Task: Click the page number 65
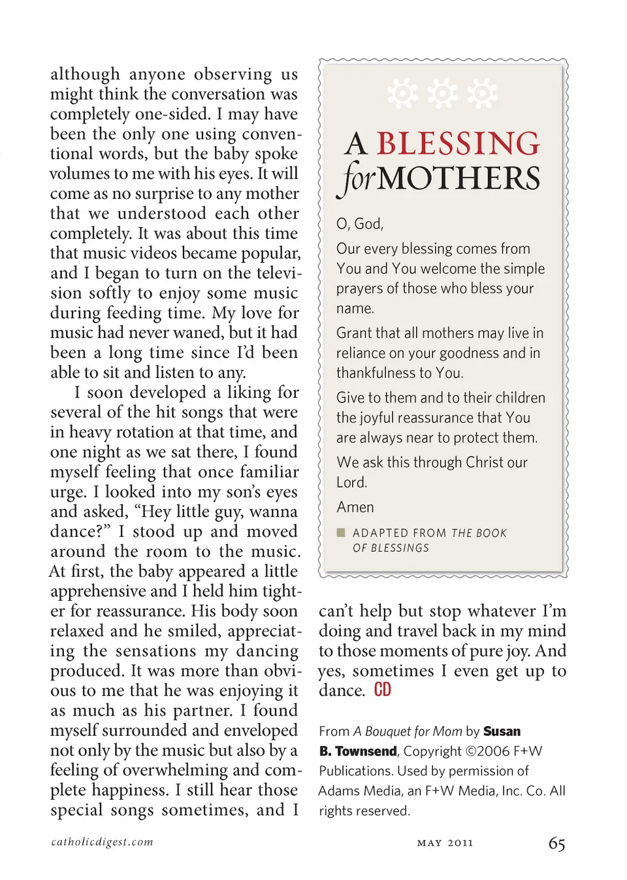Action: point(556,843)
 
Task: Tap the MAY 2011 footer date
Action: point(445,843)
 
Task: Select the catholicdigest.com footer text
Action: point(102,842)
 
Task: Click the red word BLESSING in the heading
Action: point(458,144)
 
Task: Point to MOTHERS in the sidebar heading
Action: point(458,178)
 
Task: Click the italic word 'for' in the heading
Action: point(357,179)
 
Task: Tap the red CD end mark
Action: point(383,690)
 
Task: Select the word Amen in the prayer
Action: point(355,507)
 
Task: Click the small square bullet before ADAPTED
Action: point(340,532)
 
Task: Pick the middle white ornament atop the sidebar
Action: point(443,93)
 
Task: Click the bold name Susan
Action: point(502,731)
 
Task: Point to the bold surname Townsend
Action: point(365,751)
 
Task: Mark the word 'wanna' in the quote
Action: point(273,511)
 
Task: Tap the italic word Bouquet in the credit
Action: point(389,731)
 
